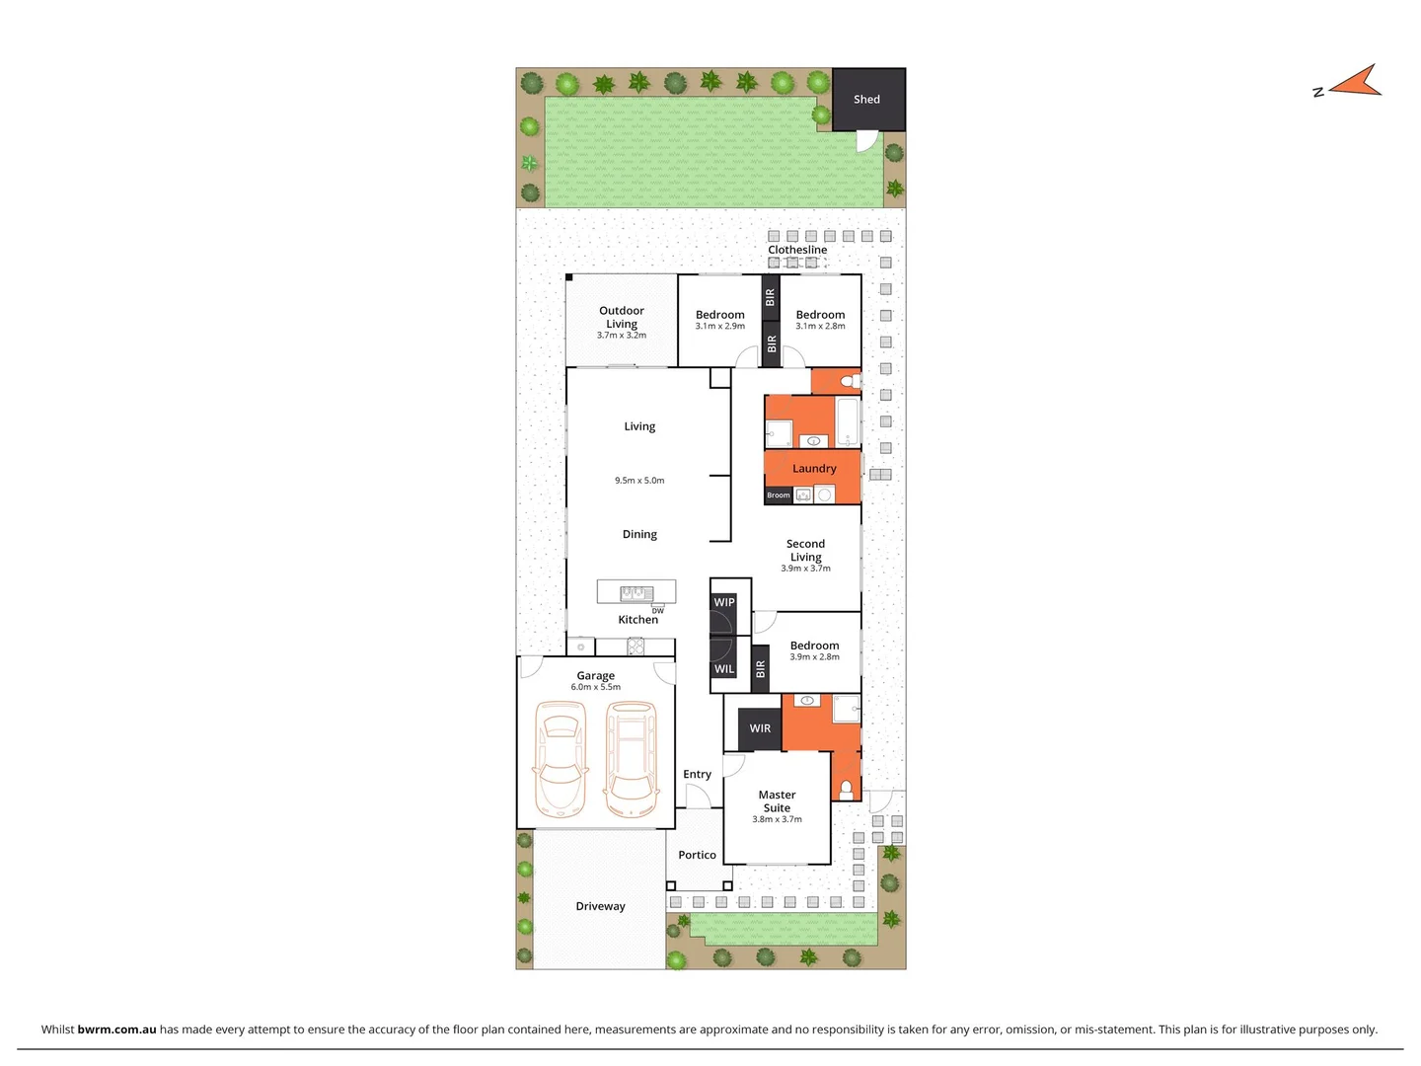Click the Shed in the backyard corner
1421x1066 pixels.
click(867, 100)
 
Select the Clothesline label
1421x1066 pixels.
click(797, 250)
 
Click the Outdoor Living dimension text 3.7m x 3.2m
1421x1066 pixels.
click(622, 336)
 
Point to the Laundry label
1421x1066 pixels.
click(814, 469)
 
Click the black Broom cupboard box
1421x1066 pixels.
click(779, 495)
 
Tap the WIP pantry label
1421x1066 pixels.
click(724, 602)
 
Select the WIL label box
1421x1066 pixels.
click(724, 669)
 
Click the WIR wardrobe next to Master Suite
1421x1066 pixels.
click(760, 728)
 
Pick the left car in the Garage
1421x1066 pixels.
click(560, 760)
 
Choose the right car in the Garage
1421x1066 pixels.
click(632, 760)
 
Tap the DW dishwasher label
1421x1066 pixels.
click(658, 611)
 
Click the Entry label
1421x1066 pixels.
click(697, 775)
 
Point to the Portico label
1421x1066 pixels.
click(697, 855)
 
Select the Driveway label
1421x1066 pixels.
click(600, 906)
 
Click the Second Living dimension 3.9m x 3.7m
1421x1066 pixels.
click(805, 569)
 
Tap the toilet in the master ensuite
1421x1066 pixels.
click(846, 789)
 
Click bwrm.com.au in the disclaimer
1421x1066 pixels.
click(116, 1029)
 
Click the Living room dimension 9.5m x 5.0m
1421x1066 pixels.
click(639, 481)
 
